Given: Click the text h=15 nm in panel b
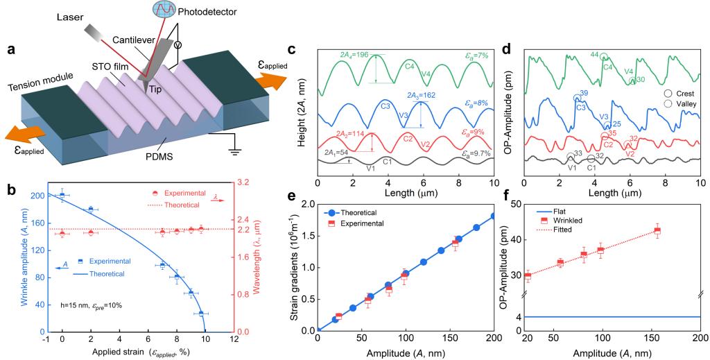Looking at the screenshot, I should pos(76,306).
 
